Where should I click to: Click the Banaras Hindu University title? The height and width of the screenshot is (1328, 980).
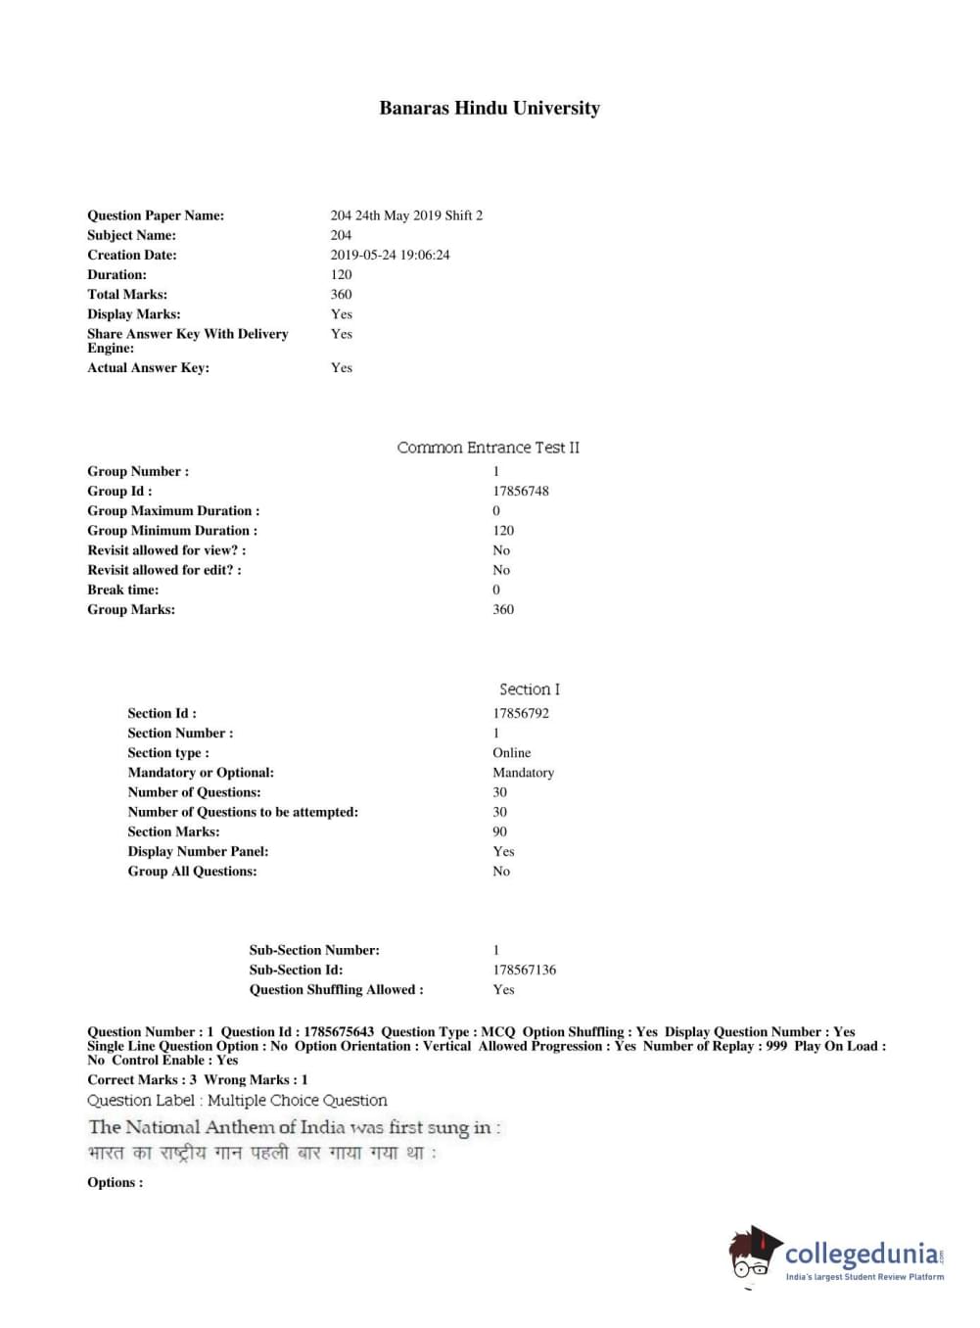click(x=490, y=109)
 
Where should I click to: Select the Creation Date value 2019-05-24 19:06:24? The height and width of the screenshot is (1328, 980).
click(x=390, y=255)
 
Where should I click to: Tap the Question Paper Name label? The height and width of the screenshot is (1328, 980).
click(x=156, y=215)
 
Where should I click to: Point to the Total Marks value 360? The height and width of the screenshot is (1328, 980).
click(x=341, y=294)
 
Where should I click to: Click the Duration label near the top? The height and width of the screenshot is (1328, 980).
click(x=117, y=274)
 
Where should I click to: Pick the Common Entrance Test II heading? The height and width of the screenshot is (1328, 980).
click(x=488, y=448)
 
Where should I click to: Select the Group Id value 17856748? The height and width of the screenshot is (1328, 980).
click(x=520, y=491)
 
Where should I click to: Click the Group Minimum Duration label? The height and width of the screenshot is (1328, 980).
click(x=172, y=530)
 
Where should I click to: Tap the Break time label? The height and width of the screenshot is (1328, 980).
click(x=122, y=590)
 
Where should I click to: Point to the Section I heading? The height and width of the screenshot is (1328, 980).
click(x=529, y=689)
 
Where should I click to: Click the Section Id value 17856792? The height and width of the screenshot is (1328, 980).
click(x=520, y=713)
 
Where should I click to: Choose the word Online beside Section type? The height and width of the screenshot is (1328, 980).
click(x=511, y=752)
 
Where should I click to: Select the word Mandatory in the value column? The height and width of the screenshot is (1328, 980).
click(x=523, y=772)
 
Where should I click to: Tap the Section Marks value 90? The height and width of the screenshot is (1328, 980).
click(x=499, y=831)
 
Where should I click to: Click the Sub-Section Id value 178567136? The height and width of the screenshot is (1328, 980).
click(x=524, y=970)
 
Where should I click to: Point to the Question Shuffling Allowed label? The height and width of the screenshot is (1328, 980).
click(x=336, y=989)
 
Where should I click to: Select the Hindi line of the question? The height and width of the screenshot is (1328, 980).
click(x=262, y=1154)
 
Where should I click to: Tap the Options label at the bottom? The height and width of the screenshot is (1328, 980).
click(x=115, y=1182)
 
